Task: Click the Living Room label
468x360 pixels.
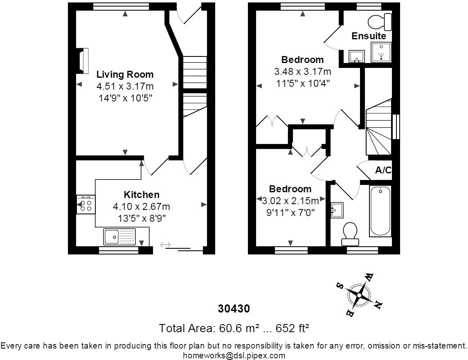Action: pos(125,74)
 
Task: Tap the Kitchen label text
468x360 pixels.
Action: pos(142,195)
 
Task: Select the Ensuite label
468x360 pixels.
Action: pos(369,36)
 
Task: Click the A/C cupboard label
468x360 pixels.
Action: pos(383,170)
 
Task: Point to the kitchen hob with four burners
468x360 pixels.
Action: pos(86,205)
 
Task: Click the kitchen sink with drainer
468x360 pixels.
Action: pos(119,237)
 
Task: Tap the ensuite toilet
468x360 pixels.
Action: pos(380,22)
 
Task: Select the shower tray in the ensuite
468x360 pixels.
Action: pos(381,52)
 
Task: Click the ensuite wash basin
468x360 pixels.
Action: pos(357,56)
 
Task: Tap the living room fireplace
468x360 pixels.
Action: pos(83,61)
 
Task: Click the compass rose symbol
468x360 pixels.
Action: pos(359,295)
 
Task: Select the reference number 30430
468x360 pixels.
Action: pos(234,308)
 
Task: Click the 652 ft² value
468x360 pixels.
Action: pos(292,328)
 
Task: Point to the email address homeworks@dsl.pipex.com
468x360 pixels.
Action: pos(234,355)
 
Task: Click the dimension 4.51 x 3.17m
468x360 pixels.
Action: pos(125,86)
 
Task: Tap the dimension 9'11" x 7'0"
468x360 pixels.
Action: pos(291,213)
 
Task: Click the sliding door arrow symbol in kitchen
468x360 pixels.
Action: pos(165,245)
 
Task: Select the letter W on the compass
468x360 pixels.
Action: pos(369,277)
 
